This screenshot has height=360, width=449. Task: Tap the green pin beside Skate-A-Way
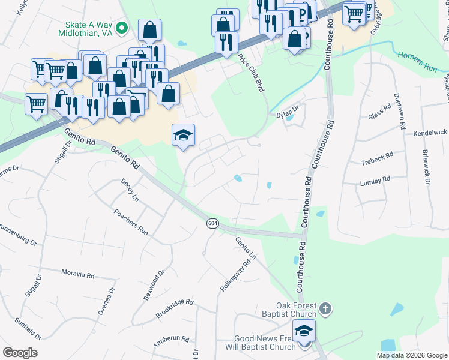pyautogui.click(x=121, y=28)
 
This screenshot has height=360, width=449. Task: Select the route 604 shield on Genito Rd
pyautogui.click(x=212, y=223)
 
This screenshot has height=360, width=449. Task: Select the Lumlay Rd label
pyautogui.click(x=375, y=179)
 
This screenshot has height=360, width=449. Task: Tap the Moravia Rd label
pyautogui.click(x=78, y=274)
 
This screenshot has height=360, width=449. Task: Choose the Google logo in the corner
pyautogui.click(x=20, y=353)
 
